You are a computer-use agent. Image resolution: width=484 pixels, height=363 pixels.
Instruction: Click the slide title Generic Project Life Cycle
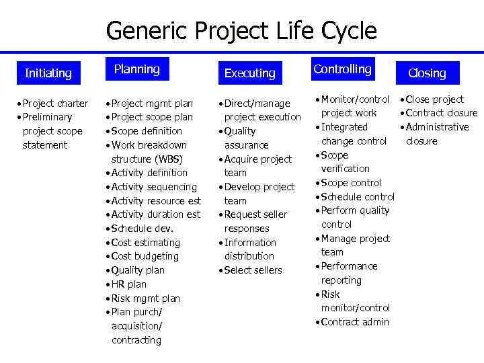tap(241, 31)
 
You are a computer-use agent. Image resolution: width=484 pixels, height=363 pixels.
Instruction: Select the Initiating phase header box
tap(48, 73)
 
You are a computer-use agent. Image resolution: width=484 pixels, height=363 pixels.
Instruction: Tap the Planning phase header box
tap(136, 69)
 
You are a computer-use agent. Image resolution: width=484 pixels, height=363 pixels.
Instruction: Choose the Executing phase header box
tap(249, 73)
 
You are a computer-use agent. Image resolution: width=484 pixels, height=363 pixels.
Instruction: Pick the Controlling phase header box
tap(342, 69)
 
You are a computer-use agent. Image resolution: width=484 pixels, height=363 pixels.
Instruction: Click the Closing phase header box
tap(427, 73)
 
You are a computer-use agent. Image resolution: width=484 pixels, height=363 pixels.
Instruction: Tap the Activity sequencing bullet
tap(153, 187)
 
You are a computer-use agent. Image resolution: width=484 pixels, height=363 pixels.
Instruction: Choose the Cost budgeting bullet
tap(145, 256)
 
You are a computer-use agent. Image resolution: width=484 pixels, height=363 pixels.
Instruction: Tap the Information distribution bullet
tap(249, 249)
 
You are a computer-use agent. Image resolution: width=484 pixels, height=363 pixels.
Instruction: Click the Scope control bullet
tap(350, 183)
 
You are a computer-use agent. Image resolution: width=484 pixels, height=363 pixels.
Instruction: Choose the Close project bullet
tap(434, 99)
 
